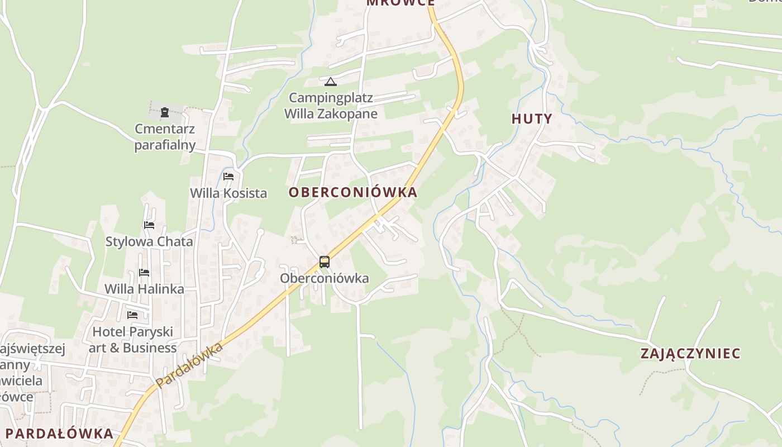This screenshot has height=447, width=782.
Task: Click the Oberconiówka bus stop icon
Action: [x=324, y=261]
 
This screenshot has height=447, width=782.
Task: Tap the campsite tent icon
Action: [x=331, y=82]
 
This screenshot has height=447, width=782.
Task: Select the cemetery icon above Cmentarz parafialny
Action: [x=165, y=112]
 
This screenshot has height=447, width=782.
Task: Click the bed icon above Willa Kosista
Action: [x=228, y=177]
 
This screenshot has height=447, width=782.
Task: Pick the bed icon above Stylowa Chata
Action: [x=149, y=225]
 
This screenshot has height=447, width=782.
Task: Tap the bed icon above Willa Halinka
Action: [x=144, y=273]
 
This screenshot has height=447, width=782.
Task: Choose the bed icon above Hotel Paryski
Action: [x=132, y=315]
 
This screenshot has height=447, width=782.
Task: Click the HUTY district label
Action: [x=532, y=118]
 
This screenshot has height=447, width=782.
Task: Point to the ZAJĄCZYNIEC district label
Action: [x=690, y=353]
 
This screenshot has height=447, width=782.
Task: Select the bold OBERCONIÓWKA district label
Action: [x=352, y=192]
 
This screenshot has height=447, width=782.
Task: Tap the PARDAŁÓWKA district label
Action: [x=59, y=433]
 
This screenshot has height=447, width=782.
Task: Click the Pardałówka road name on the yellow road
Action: [x=190, y=365]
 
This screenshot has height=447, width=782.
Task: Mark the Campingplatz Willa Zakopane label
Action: [x=331, y=106]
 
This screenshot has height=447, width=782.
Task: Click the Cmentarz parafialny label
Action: [x=165, y=137]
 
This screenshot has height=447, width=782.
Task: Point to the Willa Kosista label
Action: [x=228, y=193]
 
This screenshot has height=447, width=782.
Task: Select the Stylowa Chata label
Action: [x=149, y=242]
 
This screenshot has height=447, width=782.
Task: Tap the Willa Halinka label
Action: [x=144, y=289]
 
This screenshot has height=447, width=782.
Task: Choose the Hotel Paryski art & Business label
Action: [x=132, y=340]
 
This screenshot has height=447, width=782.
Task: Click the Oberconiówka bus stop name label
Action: [x=324, y=278]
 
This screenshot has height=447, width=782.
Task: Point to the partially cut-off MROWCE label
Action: [x=400, y=3]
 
